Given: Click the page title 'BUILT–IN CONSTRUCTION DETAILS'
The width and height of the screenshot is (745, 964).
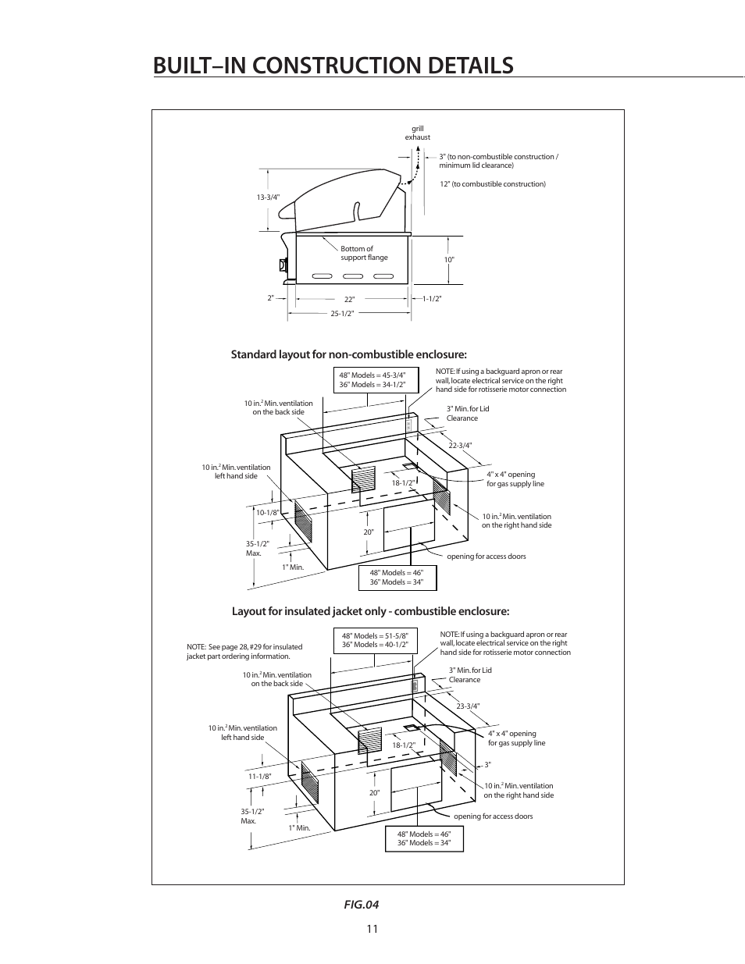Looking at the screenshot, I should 333,66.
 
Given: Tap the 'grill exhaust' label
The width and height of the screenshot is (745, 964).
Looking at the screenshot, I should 417,133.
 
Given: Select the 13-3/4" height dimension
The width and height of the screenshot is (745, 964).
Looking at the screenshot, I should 268,197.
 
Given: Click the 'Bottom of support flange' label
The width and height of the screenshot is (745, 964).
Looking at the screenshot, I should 364,253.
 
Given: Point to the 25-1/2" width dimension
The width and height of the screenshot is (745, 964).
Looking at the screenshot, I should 342,314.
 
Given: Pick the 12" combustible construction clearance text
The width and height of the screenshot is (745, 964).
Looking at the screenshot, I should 492,184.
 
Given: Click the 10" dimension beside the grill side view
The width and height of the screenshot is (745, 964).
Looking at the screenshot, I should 449,259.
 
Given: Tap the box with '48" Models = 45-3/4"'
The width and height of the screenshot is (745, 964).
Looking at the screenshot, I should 372,380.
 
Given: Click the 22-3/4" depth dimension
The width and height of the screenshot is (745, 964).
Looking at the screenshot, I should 460,446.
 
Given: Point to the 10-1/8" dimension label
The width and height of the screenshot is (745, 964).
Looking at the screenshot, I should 267,513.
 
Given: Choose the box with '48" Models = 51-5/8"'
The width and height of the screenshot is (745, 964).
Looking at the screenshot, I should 375,640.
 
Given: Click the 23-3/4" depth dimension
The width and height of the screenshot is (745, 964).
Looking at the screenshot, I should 468,706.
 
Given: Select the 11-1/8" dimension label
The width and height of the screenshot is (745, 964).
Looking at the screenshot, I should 259,777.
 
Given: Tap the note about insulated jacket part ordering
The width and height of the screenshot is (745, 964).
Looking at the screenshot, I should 244,651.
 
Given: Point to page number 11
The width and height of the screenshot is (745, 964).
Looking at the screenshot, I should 371,929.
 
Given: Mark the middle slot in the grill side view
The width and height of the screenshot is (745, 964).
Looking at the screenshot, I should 353,276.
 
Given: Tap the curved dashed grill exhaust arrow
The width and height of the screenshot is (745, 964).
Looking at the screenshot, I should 412,168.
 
